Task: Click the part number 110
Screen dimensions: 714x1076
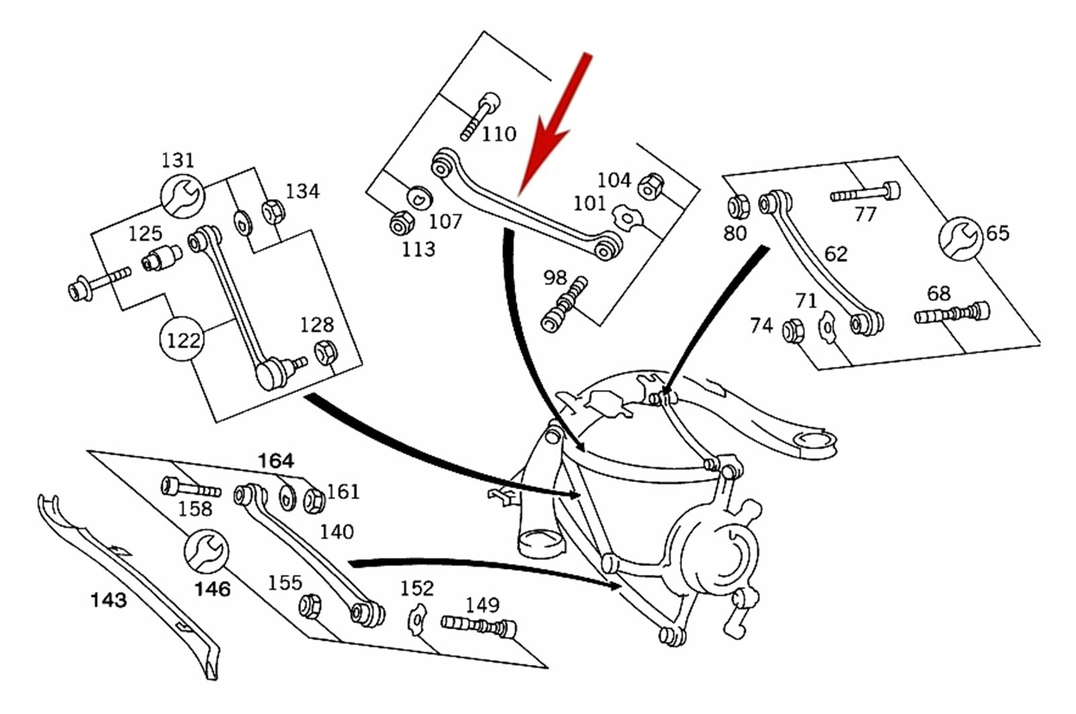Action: (x=498, y=134)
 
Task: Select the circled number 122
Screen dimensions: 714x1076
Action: (x=183, y=340)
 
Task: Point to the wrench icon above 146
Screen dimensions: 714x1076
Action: (x=206, y=551)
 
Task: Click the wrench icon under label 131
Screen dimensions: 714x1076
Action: (x=181, y=196)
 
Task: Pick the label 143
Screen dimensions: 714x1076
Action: (x=108, y=598)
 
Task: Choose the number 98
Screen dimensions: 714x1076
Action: (x=555, y=277)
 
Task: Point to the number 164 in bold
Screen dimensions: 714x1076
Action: (x=276, y=461)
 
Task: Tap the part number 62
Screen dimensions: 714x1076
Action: (x=835, y=254)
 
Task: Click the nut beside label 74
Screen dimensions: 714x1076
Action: (x=792, y=330)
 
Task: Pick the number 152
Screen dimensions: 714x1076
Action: (x=417, y=588)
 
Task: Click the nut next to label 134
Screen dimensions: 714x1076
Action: (x=273, y=212)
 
